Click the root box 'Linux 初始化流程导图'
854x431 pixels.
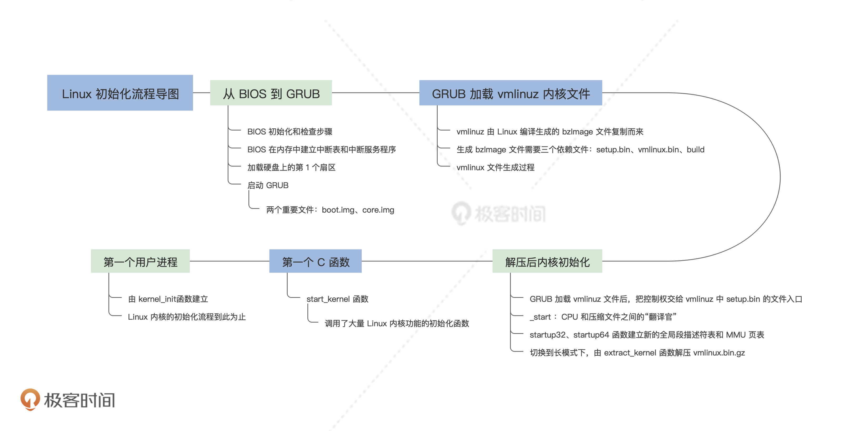120,93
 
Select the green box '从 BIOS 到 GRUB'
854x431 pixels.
271,93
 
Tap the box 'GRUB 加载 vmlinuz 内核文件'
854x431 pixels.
511,93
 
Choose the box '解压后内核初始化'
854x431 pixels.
547,261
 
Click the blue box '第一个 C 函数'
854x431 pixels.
315,261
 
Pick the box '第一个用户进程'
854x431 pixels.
140,261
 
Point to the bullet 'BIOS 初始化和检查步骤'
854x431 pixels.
290,132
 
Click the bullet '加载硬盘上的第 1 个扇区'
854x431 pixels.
291,167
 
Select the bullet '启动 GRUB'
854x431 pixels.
268,185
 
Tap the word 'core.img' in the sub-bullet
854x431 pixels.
378,210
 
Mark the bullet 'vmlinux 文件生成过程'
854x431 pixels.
495,167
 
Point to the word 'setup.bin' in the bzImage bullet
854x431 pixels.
613,149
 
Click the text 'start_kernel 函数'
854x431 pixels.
337,299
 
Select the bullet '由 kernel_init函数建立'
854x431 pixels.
168,299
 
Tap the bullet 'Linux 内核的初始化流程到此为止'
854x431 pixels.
187,317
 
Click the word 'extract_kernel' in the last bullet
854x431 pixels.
630,353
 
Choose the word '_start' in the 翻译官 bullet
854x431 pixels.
540,317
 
